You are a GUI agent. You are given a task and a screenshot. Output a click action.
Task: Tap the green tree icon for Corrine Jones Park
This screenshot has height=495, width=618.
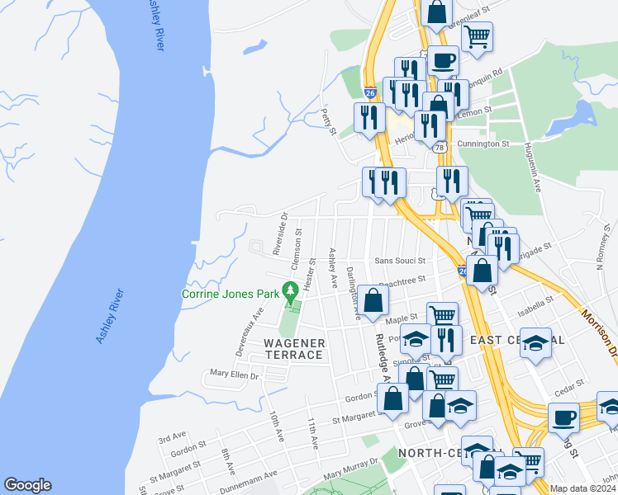click(290, 291)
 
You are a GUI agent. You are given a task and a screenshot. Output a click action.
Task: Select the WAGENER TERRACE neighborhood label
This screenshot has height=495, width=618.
click(292, 348)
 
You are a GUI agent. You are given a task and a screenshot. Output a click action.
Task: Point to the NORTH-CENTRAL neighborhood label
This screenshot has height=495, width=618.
click(438, 453)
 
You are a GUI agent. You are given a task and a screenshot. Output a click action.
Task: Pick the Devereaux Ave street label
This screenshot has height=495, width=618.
click(248, 331)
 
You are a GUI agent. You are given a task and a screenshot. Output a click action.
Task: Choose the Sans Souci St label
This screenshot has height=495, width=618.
click(400, 260)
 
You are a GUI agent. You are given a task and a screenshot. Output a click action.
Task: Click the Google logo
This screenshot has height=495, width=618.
click(27, 485)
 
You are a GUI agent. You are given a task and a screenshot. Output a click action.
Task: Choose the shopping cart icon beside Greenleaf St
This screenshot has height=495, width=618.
click(476, 36)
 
